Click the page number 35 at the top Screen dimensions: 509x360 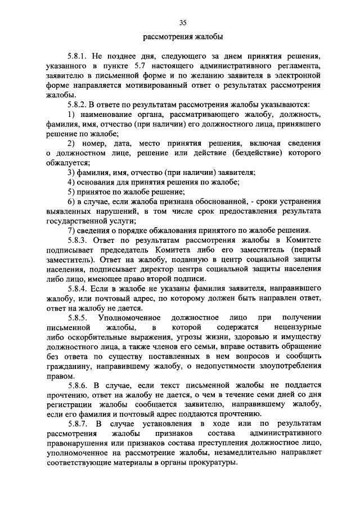(x=183, y=22)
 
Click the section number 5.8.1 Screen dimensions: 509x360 (x=78, y=57)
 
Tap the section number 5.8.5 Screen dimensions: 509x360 (x=78, y=318)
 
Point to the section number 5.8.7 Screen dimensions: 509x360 (x=78, y=423)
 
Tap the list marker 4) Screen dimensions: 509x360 (x=71, y=182)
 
